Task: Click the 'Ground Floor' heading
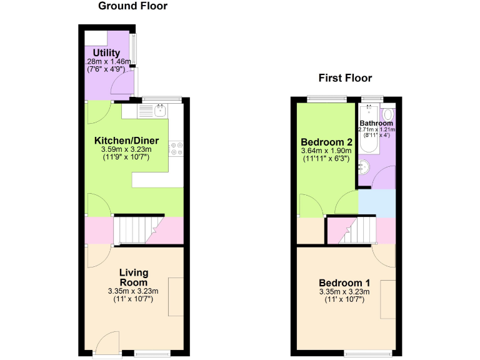pyautogui.click(x=132, y=6)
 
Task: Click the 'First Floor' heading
pyautogui.click(x=345, y=78)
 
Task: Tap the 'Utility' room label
pyautogui.click(x=106, y=52)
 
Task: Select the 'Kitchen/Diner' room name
pyautogui.click(x=126, y=140)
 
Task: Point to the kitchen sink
pyautogui.click(x=160, y=111)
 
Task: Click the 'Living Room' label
pyautogui.click(x=134, y=277)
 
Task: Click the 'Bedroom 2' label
pyautogui.click(x=322, y=141)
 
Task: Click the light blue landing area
pyautogui.click(x=376, y=203)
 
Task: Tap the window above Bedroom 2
pyautogui.click(x=327, y=99)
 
